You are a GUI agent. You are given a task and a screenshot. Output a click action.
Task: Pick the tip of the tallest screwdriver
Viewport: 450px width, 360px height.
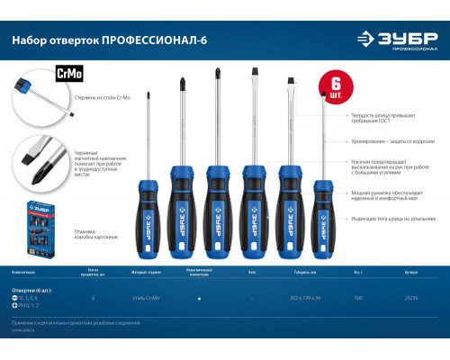(x=216, y=74)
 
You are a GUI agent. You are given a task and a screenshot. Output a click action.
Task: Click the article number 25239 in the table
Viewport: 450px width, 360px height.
(x=411, y=297)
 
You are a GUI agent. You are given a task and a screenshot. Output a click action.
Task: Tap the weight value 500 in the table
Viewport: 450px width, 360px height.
(x=357, y=297)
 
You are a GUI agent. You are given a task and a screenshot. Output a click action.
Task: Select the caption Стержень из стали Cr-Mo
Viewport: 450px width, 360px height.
(x=91, y=109)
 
